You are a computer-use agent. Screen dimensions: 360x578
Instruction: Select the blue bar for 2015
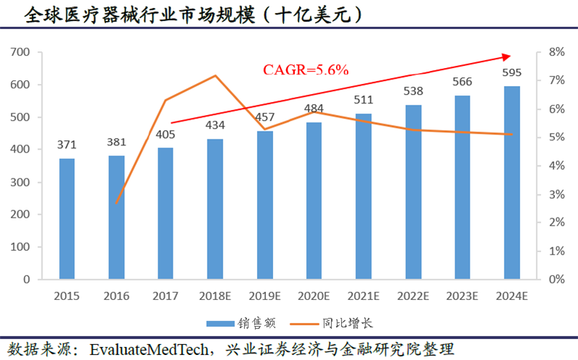(x=67, y=218)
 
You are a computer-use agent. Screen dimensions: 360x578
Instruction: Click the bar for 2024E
(x=512, y=182)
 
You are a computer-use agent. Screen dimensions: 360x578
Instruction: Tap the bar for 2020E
(x=314, y=200)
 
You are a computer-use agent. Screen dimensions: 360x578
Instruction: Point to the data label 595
(x=512, y=73)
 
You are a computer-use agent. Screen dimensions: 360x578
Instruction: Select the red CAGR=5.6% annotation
(x=306, y=70)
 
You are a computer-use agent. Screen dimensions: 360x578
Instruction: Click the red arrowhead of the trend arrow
(x=506, y=56)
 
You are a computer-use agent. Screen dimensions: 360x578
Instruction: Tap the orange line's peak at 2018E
(x=215, y=75)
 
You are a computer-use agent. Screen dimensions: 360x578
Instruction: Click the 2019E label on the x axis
(x=264, y=296)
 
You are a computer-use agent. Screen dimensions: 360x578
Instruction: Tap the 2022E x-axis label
(x=413, y=296)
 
